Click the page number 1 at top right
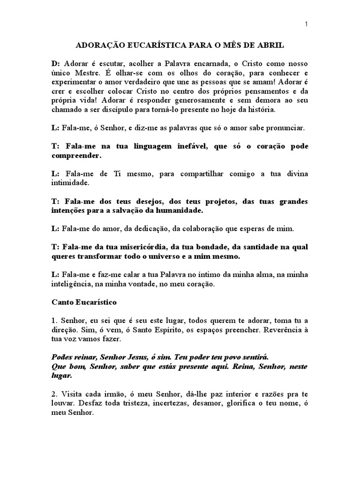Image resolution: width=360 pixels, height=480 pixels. point(307,25)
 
